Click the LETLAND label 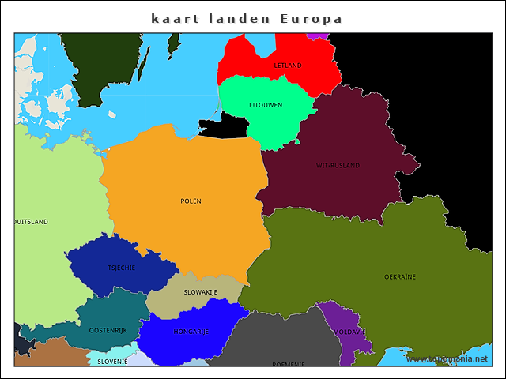pyautogui.click(x=288, y=65)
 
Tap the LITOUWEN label pyautogui.click(x=266, y=105)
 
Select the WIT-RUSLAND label pyautogui.click(x=338, y=166)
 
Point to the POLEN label pyautogui.click(x=191, y=201)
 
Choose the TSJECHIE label pyautogui.click(x=122, y=268)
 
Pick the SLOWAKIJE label pyautogui.click(x=201, y=292)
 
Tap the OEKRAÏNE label pyautogui.click(x=400, y=277)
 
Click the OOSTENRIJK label pyautogui.click(x=108, y=330)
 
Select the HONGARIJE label pyautogui.click(x=191, y=332)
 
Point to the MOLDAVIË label pyautogui.click(x=349, y=332)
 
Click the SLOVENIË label pyautogui.click(x=112, y=361)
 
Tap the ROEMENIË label pyautogui.click(x=288, y=364)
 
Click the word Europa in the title pyautogui.click(x=311, y=18)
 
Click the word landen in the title pyautogui.click(x=239, y=18)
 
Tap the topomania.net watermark pyautogui.click(x=452, y=358)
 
